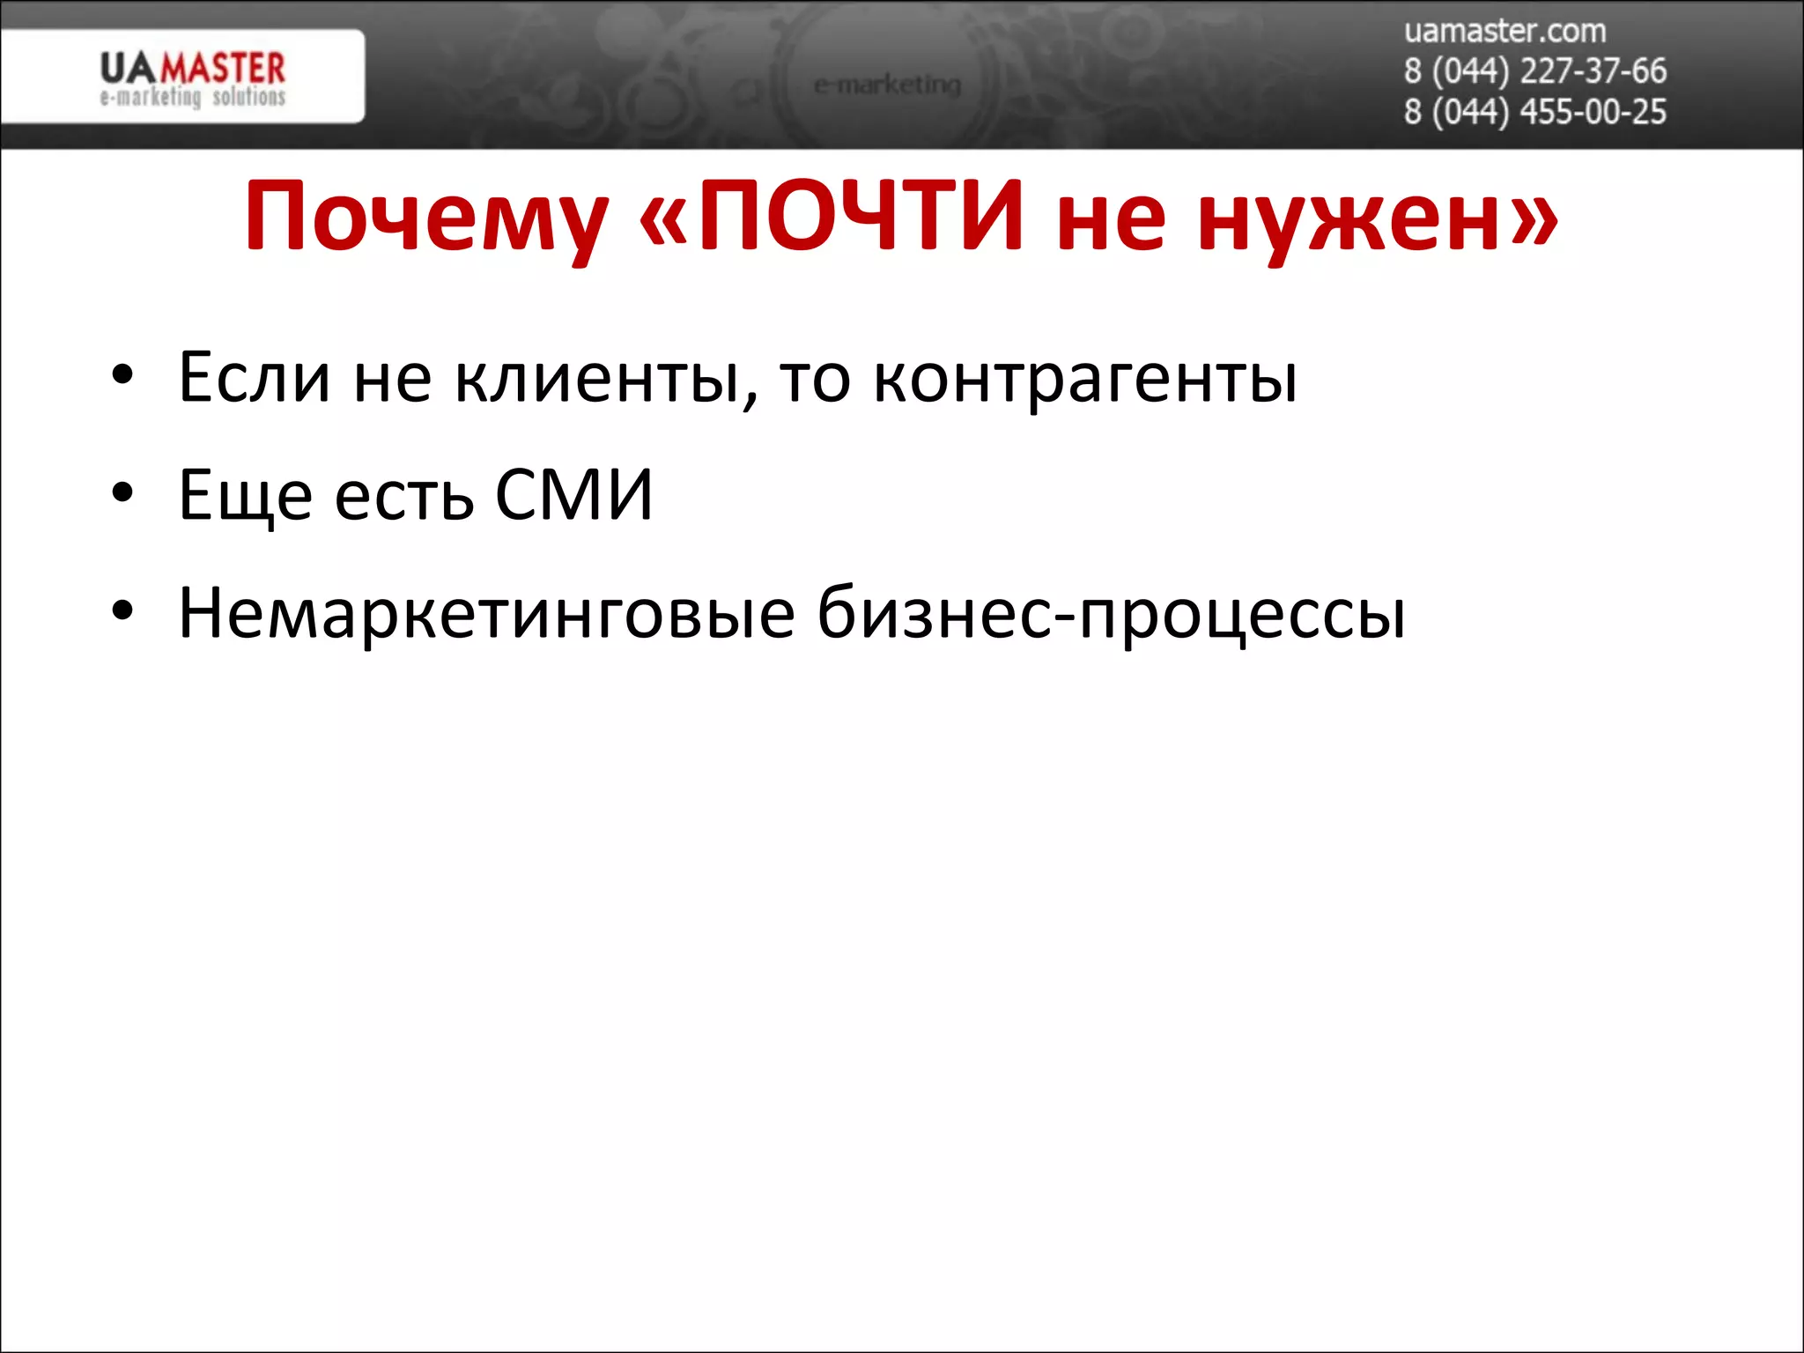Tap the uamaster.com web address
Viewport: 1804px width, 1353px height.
tap(1505, 31)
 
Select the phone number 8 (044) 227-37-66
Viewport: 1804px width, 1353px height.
tap(1534, 71)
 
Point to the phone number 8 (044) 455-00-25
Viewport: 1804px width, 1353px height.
tap(1534, 112)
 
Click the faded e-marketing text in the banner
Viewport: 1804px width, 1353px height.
tap(887, 85)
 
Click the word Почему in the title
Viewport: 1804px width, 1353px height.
tap(426, 217)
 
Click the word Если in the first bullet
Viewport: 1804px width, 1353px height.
tap(255, 377)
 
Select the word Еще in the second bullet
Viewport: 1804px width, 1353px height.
tap(245, 495)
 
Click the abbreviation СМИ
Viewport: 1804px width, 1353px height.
tap(573, 494)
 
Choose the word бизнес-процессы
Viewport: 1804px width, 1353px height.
tap(1111, 614)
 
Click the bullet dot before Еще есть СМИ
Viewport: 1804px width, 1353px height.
tap(122, 492)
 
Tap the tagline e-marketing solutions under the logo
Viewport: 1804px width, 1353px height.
tap(193, 97)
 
